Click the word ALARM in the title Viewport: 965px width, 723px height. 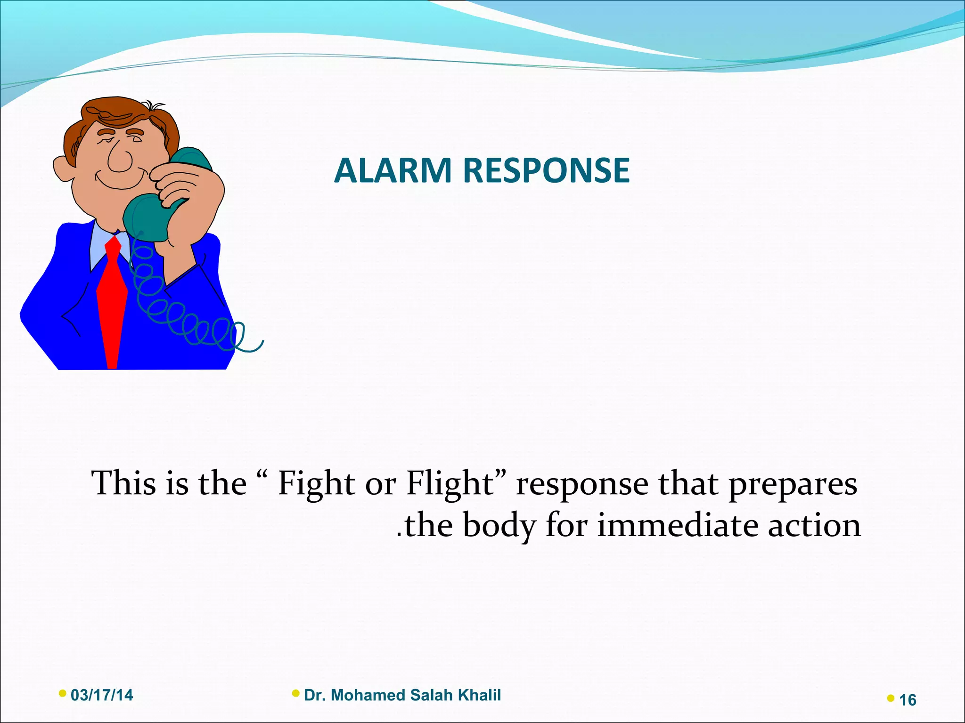pos(393,170)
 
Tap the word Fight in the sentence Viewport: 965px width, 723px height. pos(316,483)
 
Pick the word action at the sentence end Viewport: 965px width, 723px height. pos(814,525)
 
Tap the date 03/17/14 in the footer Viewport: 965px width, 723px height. pos(102,695)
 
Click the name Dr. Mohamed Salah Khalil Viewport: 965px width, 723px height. pos(402,695)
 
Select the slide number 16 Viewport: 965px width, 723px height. pos(908,700)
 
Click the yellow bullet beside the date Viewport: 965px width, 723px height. pos(62,693)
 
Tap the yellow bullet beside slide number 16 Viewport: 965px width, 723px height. pos(890,698)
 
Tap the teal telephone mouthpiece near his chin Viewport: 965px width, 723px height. pos(146,217)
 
